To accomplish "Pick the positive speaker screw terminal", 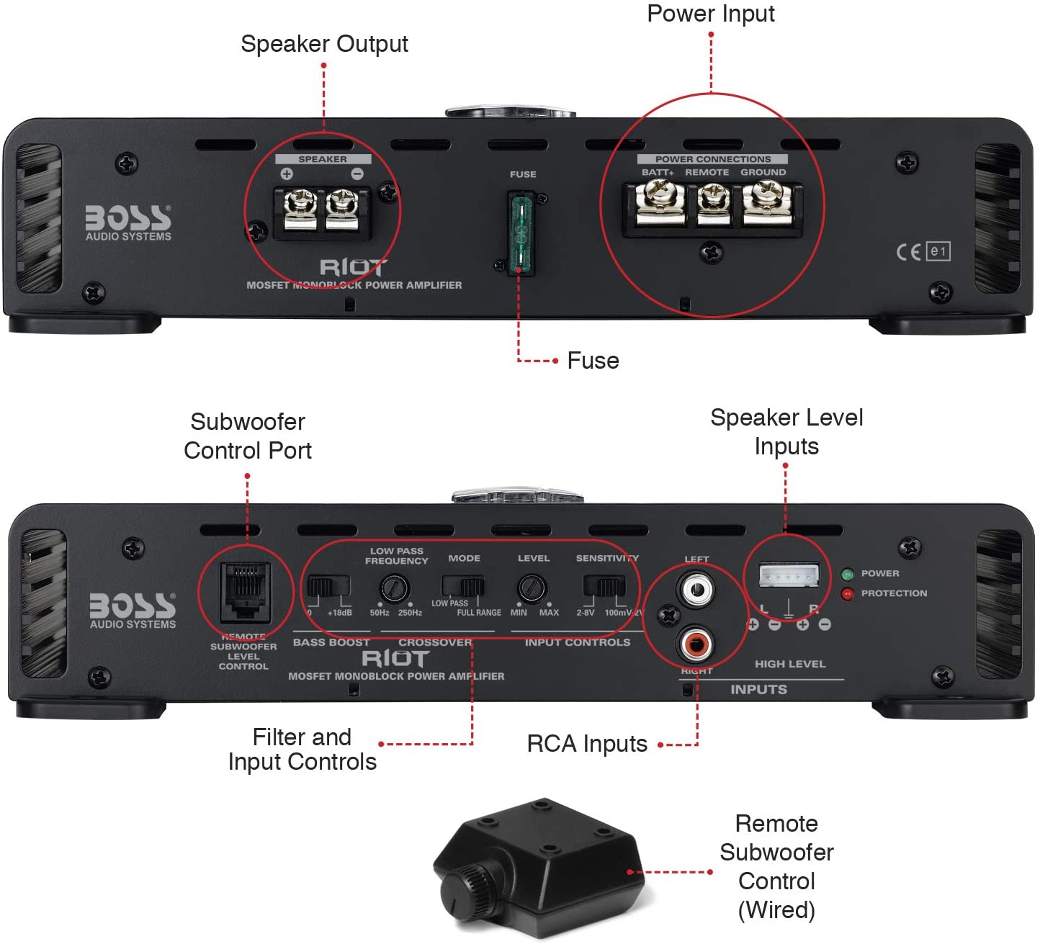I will pyautogui.click(x=299, y=207).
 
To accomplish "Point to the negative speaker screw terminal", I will pyautogui.click(x=341, y=207).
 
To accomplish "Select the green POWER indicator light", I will pyautogui.click(x=847, y=574).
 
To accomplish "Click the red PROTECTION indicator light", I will pyautogui.click(x=847, y=593).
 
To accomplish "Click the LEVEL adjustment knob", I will pyautogui.click(x=532, y=589).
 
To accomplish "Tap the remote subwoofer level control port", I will pyautogui.click(x=246, y=593).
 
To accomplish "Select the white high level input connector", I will pyautogui.click(x=789, y=576).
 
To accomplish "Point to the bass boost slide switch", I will pyautogui.click(x=328, y=586).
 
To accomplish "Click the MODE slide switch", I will pyautogui.click(x=463, y=586).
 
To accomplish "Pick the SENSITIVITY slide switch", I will pyautogui.click(x=604, y=586).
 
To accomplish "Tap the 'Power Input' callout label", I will pyautogui.click(x=711, y=14).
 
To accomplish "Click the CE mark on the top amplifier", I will pyautogui.click(x=908, y=251).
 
